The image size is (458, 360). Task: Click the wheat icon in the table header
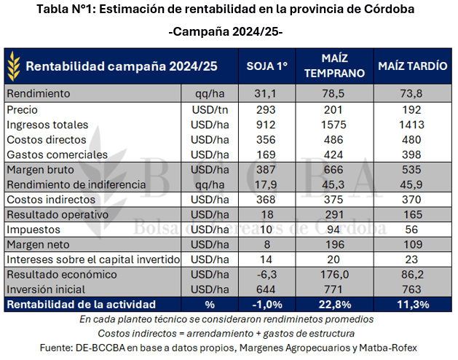(x=15, y=66)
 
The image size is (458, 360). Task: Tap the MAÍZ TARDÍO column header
(x=412, y=66)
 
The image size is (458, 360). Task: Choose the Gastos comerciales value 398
(x=412, y=154)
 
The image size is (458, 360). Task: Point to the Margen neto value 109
(x=412, y=245)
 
